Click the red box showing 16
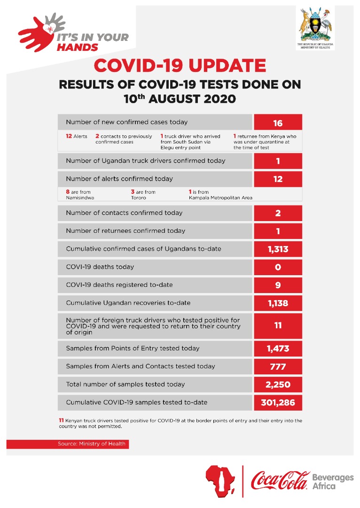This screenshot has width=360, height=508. point(278,123)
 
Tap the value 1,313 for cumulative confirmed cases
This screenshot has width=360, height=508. point(278,249)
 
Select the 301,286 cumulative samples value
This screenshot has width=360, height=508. point(278,403)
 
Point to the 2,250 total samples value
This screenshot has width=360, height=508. point(278,385)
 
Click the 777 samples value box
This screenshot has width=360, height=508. point(278,367)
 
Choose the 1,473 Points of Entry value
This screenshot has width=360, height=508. point(278,349)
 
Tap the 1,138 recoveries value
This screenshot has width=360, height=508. point(278,303)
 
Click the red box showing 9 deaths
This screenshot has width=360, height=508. point(278,285)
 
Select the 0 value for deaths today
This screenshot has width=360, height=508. point(278,267)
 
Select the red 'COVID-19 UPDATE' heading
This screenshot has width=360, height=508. point(180,66)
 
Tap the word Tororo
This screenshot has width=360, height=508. point(139,198)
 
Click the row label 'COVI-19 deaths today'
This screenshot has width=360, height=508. point(100,267)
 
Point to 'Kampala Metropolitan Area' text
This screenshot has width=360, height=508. point(220,198)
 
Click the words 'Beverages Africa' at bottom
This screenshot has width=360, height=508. point(333,481)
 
